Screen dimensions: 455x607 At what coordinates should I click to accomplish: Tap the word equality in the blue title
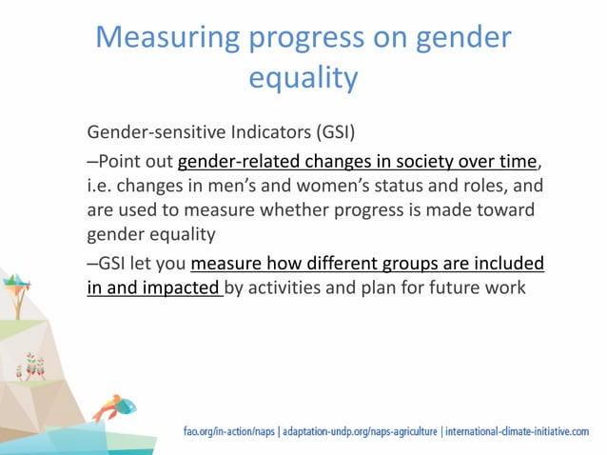coord(303,77)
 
